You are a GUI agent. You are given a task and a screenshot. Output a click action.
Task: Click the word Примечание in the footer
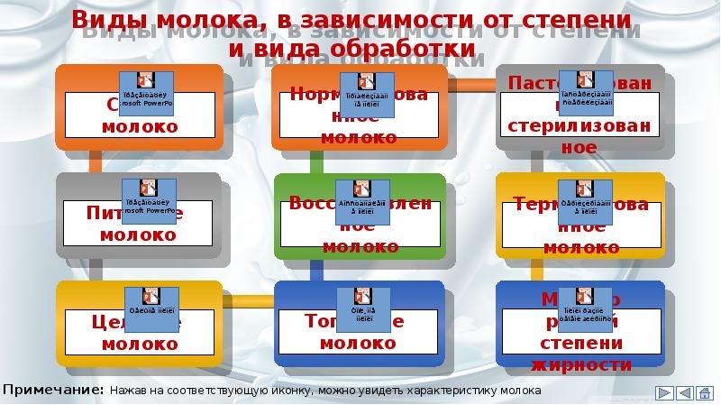[53, 391]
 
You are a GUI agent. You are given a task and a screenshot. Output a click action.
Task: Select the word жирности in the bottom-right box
[582, 365]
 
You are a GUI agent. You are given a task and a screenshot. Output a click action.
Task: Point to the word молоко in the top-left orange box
[139, 126]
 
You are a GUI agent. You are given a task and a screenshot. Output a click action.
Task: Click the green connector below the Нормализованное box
[316, 161]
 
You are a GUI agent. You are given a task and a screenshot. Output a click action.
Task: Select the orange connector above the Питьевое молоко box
[96, 161]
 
